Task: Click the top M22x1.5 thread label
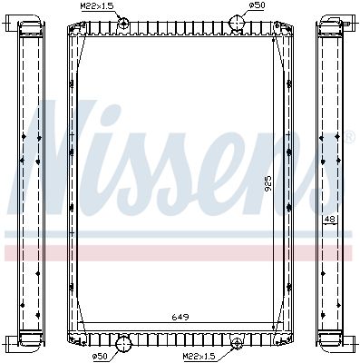(x=94, y=6)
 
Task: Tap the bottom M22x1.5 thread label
(x=198, y=357)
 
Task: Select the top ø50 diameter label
(x=257, y=5)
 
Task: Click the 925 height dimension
(x=268, y=184)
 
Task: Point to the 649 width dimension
(x=180, y=318)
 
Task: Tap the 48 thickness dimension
(x=330, y=219)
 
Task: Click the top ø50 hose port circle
(x=237, y=22)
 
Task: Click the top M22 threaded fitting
(x=123, y=23)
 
